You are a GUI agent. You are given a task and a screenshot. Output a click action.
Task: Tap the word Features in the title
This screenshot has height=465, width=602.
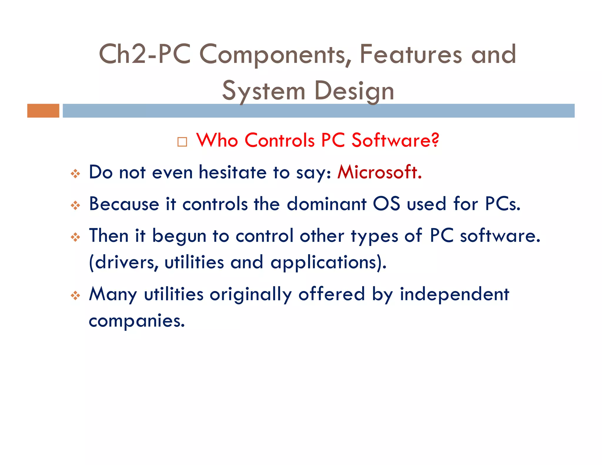tap(411, 54)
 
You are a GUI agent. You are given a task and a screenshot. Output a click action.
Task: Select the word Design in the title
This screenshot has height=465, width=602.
tap(354, 91)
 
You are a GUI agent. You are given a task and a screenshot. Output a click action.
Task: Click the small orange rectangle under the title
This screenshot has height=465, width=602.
tap(43, 111)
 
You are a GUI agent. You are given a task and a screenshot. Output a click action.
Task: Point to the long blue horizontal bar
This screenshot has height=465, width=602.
tap(318, 111)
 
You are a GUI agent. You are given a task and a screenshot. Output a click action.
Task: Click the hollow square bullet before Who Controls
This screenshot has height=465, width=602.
tap(182, 142)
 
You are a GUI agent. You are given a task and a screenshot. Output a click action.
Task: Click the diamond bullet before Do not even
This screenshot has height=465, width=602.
tap(76, 174)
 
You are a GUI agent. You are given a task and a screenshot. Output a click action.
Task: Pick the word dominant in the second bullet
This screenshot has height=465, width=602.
tap(326, 204)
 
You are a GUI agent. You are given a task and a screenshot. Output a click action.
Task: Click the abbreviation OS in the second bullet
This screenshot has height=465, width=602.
tap(386, 204)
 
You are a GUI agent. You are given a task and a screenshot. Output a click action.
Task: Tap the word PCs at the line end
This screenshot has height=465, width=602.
tap(502, 204)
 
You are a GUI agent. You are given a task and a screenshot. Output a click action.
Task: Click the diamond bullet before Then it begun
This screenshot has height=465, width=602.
tap(76, 237)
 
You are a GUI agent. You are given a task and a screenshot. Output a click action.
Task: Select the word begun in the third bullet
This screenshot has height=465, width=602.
tap(179, 236)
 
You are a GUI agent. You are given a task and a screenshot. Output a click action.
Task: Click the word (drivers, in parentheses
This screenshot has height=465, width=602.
tap(124, 262)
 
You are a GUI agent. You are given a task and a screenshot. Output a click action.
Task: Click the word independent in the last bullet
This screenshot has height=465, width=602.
tap(454, 294)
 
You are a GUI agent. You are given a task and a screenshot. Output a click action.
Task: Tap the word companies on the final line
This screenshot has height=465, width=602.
tap(137, 321)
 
